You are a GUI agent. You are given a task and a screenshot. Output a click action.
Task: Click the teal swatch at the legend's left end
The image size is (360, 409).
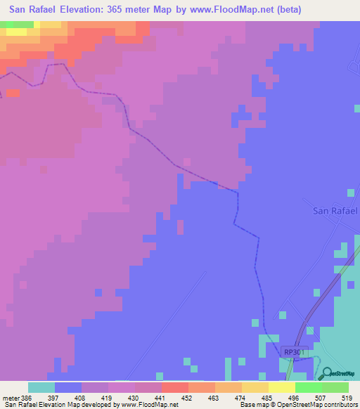tap(41, 387)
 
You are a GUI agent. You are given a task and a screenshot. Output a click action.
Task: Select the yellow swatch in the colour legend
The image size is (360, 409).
tap(281, 387)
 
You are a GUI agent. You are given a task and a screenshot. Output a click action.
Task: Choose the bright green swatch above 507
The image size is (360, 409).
tap(308, 387)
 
